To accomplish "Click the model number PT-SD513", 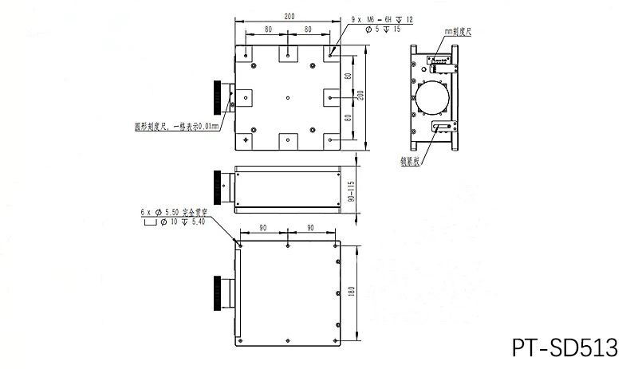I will click(x=564, y=347).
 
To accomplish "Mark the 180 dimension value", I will click(x=350, y=293).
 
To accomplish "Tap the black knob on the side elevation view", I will click(x=218, y=190).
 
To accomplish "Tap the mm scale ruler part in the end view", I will click(x=439, y=61).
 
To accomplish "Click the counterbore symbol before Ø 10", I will click(x=149, y=223).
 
